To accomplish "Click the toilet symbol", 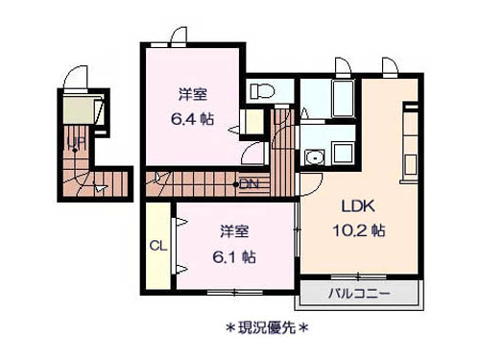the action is coord(262,91).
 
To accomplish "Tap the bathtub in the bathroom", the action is coord(343,99).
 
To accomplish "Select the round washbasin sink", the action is coord(315,157).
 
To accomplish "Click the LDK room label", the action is coord(358,206).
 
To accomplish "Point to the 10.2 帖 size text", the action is coord(359,230).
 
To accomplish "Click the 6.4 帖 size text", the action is coord(192,119).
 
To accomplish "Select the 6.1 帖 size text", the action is coord(234,257).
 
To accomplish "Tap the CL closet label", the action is coord(158,246).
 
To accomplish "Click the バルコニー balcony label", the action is coord(359,293).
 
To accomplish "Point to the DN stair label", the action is coord(249,184).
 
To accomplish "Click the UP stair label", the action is coord(76,142).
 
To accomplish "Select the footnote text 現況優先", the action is coord(267,327).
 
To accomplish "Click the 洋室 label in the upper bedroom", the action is coord(193,94).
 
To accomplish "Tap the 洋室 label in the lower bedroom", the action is coord(234,231).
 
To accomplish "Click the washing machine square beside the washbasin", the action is coord(344,153).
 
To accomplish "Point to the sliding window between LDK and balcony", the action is coord(358,276).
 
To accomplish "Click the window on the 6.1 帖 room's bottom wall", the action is coord(235,292).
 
